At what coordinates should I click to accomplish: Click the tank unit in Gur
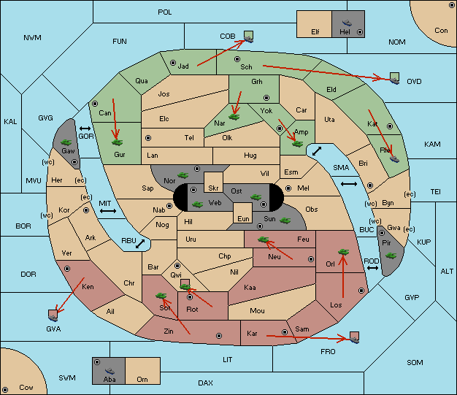coord(117,142)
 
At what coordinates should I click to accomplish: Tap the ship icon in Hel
coord(347,23)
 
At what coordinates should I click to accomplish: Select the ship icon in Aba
coord(110,371)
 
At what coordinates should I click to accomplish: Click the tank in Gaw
coord(66,142)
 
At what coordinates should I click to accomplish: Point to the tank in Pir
coord(391,256)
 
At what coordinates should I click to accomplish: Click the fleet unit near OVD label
coord(395,79)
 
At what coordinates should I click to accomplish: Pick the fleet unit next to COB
coord(249,37)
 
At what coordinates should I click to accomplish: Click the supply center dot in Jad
coord(173,63)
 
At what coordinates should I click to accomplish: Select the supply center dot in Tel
coord(148,137)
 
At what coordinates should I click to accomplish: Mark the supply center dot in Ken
coord(67,269)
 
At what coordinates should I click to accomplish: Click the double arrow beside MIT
coord(108,211)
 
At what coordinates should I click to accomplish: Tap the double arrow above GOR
coord(85,129)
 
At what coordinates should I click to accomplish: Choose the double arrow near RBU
coord(140,244)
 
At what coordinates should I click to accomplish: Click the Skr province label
coord(213,188)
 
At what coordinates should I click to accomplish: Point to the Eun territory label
coord(243,218)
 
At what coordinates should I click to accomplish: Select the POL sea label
coord(165,12)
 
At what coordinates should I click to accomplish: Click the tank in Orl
coord(343,252)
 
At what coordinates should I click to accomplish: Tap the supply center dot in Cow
coord(5,389)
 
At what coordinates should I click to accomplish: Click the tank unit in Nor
coord(183,175)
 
